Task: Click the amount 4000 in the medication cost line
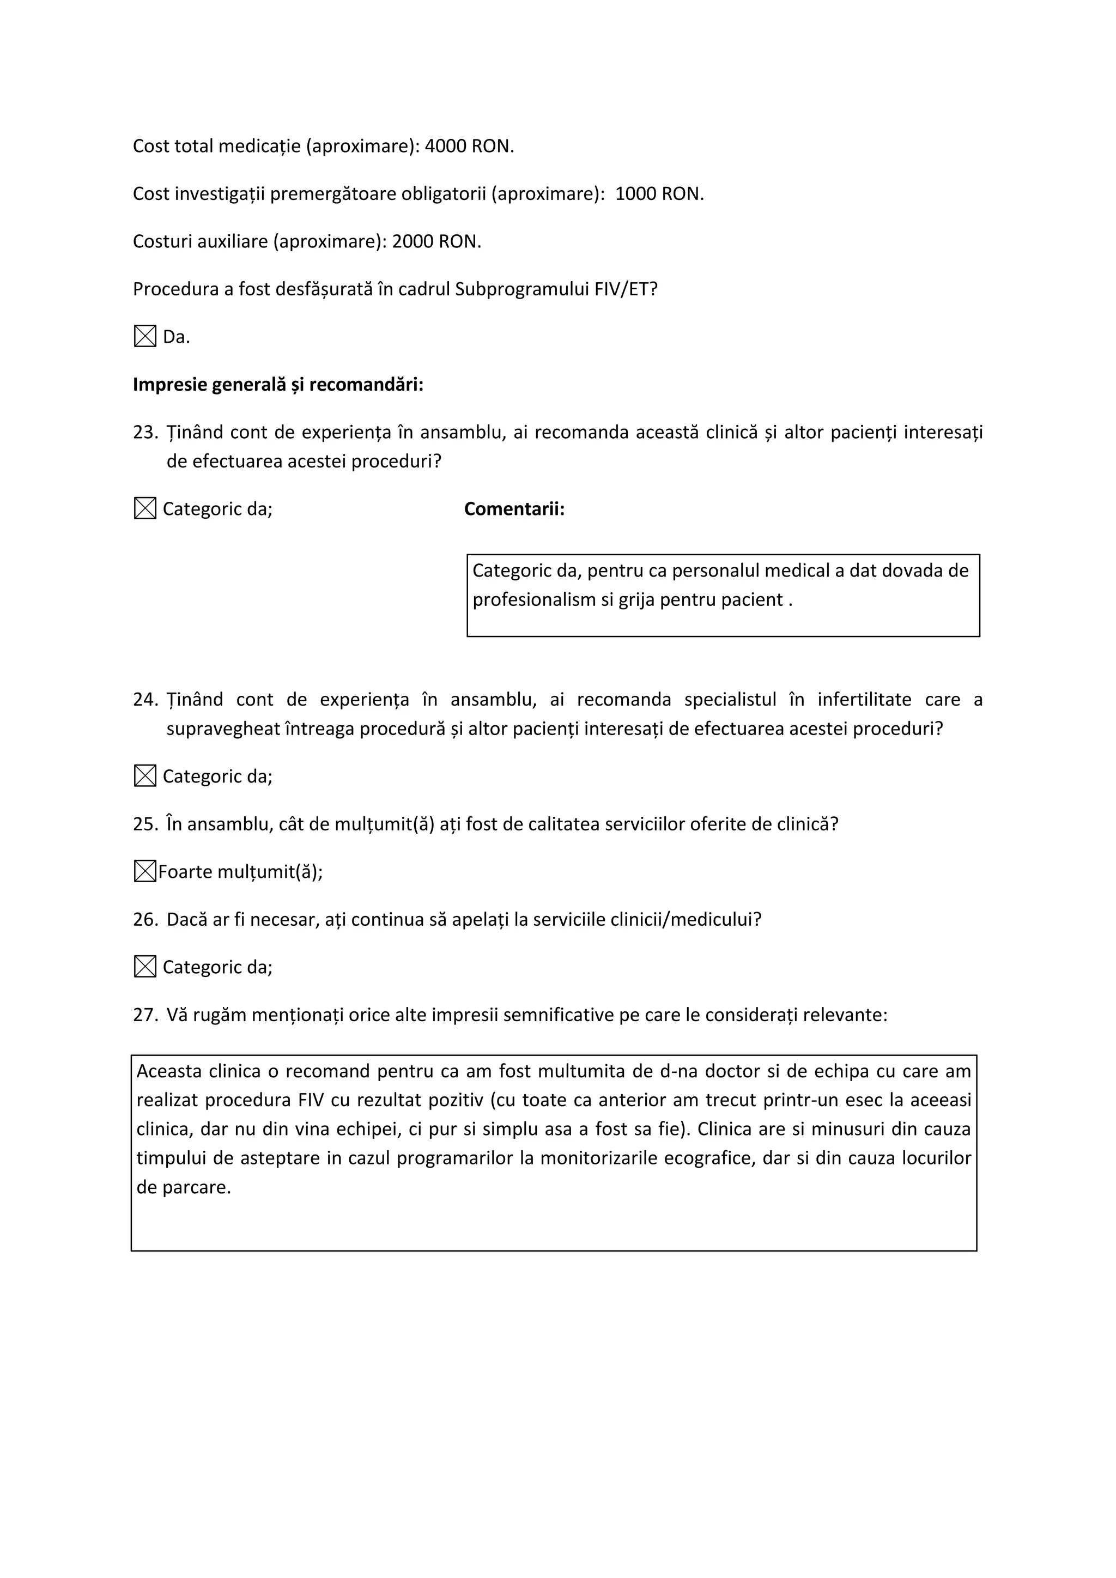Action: [x=445, y=147]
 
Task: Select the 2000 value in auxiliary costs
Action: [x=413, y=241]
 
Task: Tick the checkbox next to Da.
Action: [x=145, y=337]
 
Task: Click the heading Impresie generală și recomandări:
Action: [x=277, y=384]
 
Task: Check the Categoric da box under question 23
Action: [x=145, y=508]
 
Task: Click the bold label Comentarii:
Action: [x=514, y=509]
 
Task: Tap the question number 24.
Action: [x=145, y=700]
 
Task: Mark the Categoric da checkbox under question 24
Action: [x=145, y=776]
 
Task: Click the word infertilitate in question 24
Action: [x=864, y=700]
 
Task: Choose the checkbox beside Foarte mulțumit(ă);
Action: [x=144, y=871]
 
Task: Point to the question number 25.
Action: [x=145, y=824]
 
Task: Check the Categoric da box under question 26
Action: [x=145, y=967]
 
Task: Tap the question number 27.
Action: [x=145, y=1015]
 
